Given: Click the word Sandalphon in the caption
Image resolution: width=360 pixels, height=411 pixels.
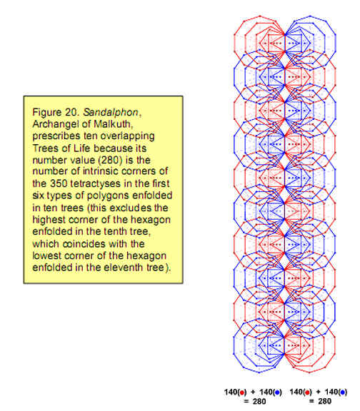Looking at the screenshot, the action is [111, 113].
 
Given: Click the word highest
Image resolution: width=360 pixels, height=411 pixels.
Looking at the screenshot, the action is [49, 220].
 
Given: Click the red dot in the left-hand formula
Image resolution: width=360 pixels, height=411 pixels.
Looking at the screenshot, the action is [241, 393].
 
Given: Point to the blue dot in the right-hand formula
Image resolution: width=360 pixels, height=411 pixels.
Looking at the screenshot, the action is [342, 392].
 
